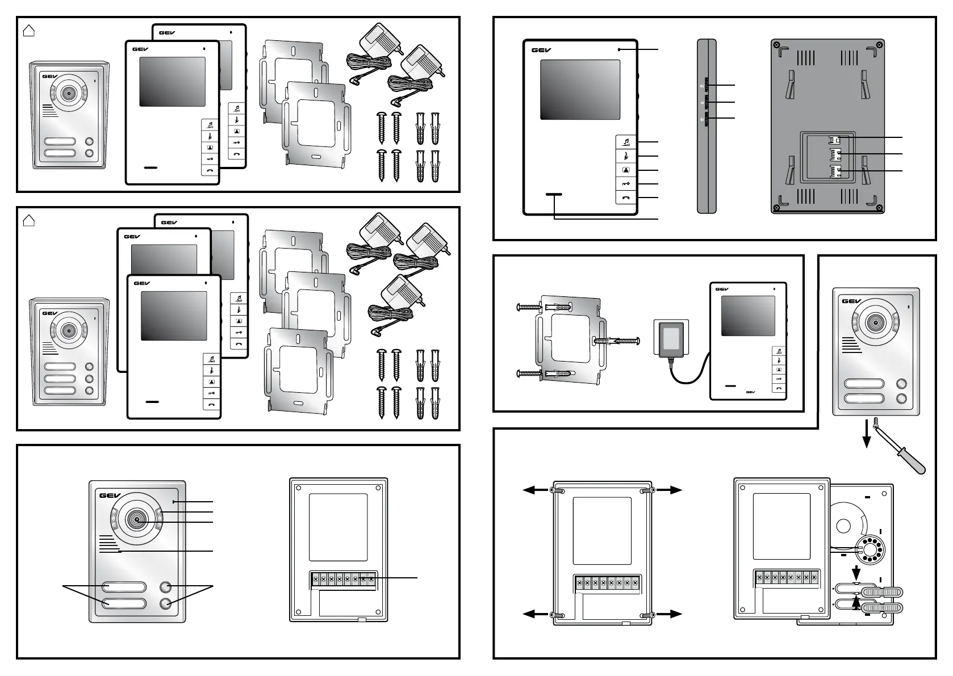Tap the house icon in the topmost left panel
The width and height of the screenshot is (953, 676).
[x=28, y=31]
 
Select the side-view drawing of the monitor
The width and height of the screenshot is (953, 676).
[x=707, y=126]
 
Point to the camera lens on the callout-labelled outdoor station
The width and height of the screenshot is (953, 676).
[x=137, y=518]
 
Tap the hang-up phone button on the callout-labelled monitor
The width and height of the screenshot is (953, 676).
[x=626, y=198]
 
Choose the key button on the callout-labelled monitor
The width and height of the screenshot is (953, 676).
[x=626, y=183]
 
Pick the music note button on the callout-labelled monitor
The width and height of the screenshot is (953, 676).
[x=626, y=142]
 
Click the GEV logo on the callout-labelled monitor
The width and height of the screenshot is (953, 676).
[x=541, y=50]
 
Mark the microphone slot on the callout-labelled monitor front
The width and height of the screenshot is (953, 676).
[x=554, y=195]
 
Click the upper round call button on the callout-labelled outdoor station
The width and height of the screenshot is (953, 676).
[x=166, y=587]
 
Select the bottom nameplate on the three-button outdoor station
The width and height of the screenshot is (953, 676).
[x=60, y=391]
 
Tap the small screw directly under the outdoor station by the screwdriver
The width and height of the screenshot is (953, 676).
[x=877, y=422]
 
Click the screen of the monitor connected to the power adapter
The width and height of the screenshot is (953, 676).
[x=748, y=316]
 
